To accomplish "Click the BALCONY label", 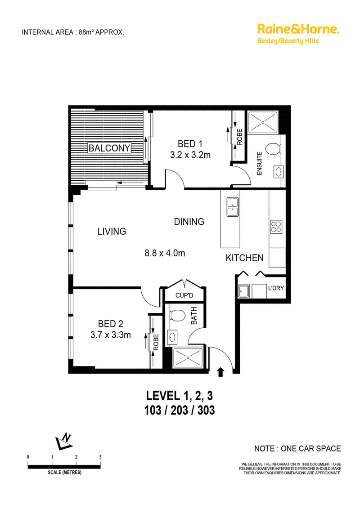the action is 109,148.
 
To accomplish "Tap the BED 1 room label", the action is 190,143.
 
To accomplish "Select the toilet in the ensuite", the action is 273,149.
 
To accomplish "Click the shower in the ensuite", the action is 263,122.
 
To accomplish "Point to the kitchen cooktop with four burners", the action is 276,227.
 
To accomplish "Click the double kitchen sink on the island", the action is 233,207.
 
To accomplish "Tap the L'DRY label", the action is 276,288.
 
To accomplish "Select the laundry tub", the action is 243,291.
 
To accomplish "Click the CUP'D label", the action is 184,295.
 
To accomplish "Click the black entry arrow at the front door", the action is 220,372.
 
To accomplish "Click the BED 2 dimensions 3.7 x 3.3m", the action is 110,335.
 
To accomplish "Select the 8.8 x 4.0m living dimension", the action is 165,253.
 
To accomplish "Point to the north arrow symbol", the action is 64,442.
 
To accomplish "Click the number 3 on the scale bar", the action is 100,457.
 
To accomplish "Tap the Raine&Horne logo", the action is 298,33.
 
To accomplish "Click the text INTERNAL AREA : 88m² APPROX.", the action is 73,32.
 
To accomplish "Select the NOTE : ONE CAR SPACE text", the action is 297,448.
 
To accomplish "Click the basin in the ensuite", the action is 279,172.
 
